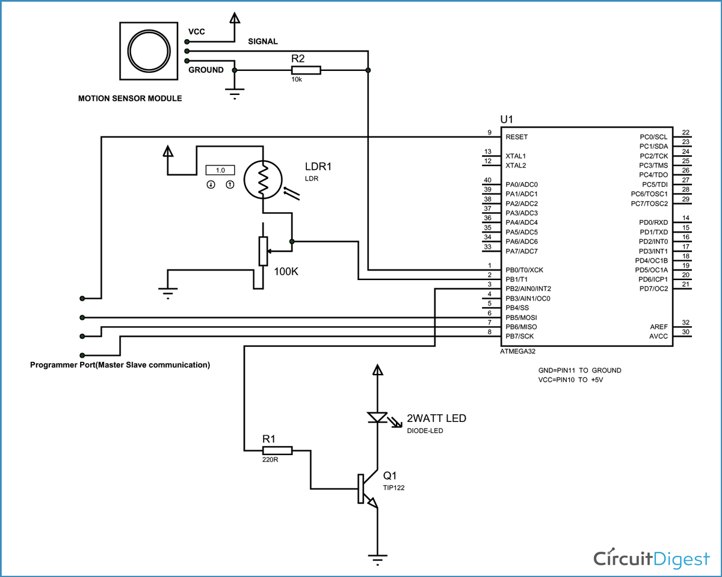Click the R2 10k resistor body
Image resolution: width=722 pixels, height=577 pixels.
coord(305,70)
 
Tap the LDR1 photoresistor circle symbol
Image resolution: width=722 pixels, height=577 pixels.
coord(262,179)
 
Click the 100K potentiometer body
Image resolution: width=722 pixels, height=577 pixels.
coord(262,251)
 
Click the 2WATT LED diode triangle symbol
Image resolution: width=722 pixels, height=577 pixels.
coord(377,417)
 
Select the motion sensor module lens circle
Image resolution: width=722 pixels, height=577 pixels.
coord(148,51)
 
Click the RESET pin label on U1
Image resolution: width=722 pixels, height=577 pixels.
coord(516,136)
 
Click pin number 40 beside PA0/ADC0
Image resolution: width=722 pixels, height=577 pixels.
coord(488,180)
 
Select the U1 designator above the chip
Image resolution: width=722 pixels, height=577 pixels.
coord(507,119)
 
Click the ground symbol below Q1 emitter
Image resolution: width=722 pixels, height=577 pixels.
coord(377,559)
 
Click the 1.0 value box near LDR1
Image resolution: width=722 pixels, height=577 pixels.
coord(220,170)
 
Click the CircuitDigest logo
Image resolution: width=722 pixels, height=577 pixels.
coord(652,558)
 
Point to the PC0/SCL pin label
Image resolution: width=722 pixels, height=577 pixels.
coord(653,136)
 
